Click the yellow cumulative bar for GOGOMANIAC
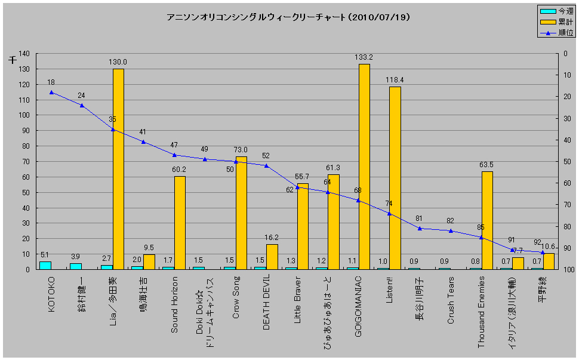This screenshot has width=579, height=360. (364, 167)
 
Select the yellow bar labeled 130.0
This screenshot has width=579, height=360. (118, 170)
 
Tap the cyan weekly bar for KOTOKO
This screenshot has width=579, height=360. (45, 265)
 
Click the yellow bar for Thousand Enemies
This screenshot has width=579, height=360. (487, 220)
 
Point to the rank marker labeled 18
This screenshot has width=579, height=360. (51, 93)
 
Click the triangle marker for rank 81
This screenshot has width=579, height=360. (420, 228)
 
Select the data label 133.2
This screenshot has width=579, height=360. (363, 57)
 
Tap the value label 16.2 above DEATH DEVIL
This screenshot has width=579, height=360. (271, 238)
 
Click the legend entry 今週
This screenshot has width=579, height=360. (565, 11)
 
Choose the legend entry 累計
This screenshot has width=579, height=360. (565, 22)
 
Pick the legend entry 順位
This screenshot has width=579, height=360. (565, 33)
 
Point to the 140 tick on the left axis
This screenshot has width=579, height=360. (24, 54)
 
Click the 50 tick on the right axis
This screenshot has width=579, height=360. (563, 162)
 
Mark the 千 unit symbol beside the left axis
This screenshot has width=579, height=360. (13, 60)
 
